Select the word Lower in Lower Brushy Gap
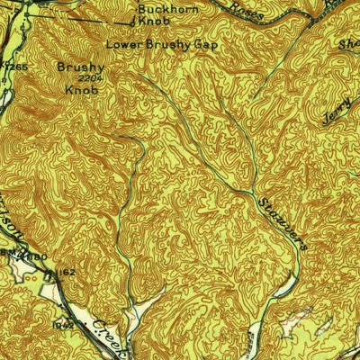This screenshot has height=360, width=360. click(123, 42)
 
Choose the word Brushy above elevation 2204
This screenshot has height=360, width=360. click(81, 67)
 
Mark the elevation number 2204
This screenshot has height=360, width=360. click(81, 78)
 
